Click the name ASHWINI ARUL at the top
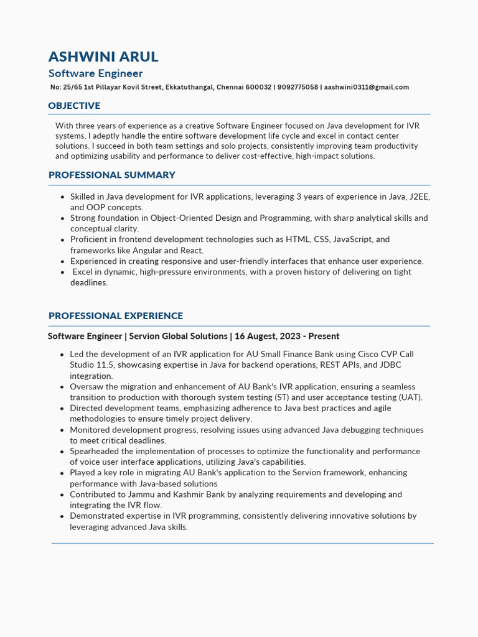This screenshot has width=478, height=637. point(103,57)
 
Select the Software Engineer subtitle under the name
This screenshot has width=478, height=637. point(96,73)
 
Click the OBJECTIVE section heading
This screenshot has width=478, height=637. point(74,106)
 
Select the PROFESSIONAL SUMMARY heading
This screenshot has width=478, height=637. point(112,175)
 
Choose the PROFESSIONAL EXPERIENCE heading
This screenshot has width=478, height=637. point(116,316)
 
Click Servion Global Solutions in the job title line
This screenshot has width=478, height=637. point(178,337)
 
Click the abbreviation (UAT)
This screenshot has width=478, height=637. point(410,398)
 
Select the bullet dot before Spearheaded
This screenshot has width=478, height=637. point(62,452)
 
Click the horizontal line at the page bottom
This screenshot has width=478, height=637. point(242,544)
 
